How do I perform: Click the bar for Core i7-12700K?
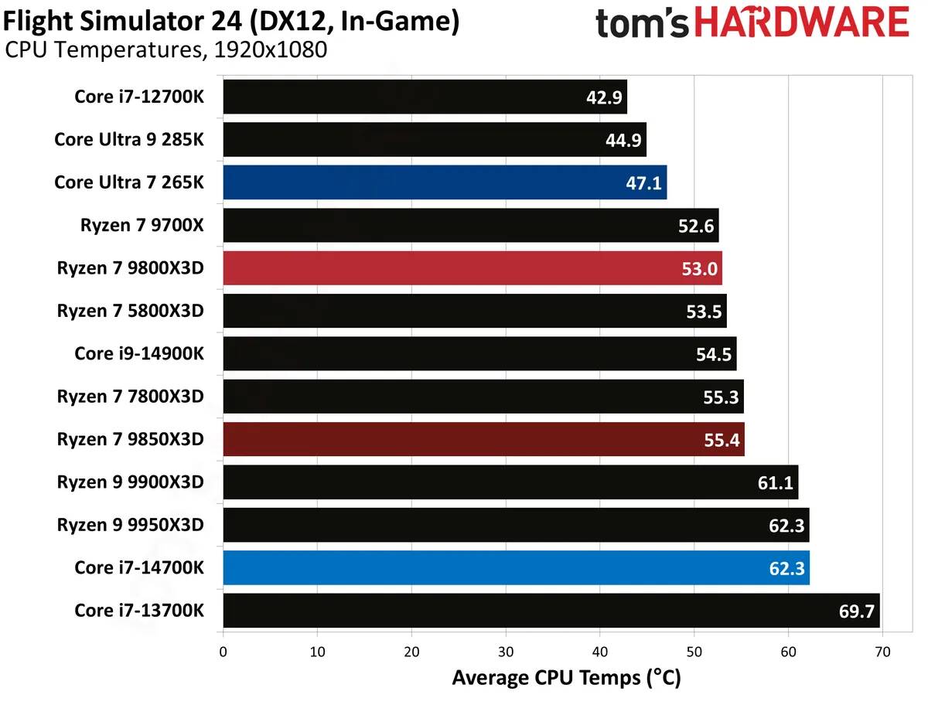coord(425,97)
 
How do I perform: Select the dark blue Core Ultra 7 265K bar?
coord(445,182)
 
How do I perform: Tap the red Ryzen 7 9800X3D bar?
coord(472,268)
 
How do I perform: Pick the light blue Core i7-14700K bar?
coord(516,567)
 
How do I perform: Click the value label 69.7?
coord(856,611)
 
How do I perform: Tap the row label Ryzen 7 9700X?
coord(142,226)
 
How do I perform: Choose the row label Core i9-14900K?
coord(139,353)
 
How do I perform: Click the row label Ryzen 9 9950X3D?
coord(130,525)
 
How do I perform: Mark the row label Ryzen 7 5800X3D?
coord(130,311)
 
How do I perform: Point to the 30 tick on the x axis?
coord(506,652)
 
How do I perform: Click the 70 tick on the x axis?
coord(882,652)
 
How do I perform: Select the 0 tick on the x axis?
coord(223,652)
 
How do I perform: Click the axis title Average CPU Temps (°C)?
coord(566,679)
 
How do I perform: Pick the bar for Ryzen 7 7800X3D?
coord(483,397)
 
